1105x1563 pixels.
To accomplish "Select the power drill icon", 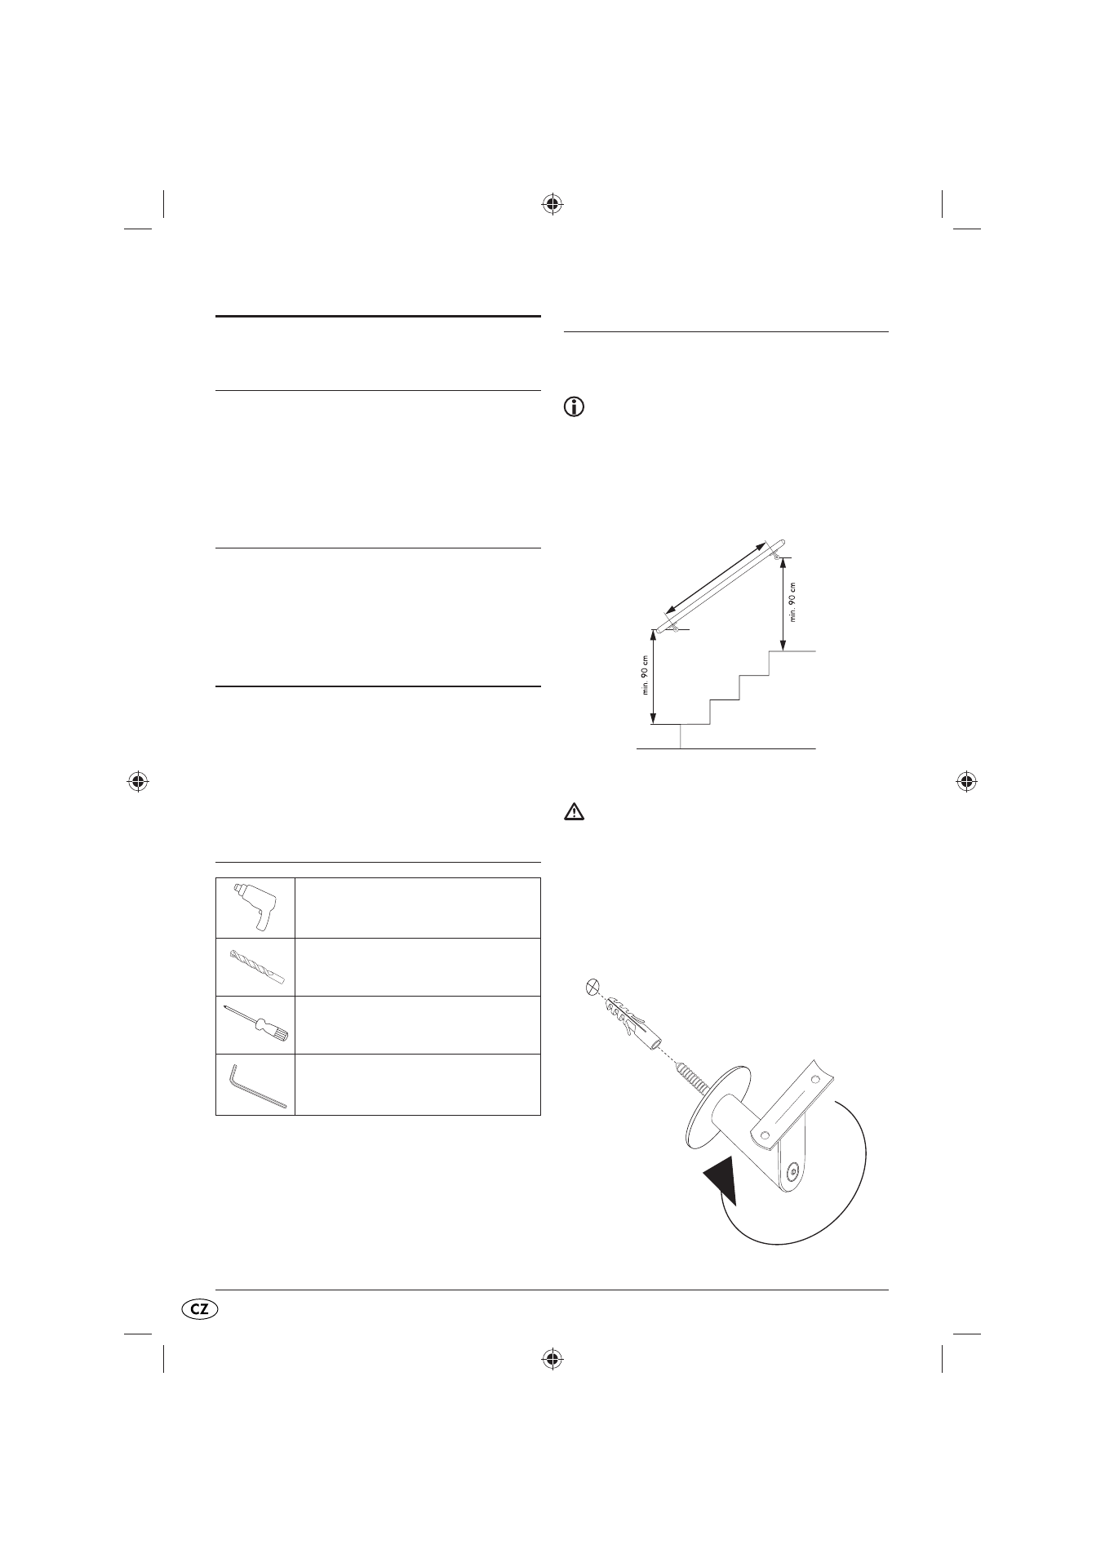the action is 254,907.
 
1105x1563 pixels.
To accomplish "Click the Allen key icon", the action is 255,1084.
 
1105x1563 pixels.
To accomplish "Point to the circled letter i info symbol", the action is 575,409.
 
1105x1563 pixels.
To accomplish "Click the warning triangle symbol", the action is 575,812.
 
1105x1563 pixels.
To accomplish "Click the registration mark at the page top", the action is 552,203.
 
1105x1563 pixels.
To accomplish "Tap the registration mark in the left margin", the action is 138,781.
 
